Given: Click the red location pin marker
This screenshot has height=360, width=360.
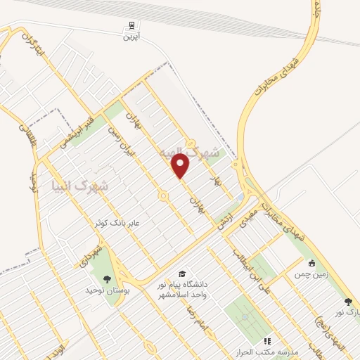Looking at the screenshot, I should (x=181, y=165).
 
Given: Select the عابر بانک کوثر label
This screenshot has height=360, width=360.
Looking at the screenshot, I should (x=119, y=222).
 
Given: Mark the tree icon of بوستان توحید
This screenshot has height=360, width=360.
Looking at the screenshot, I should (x=106, y=281).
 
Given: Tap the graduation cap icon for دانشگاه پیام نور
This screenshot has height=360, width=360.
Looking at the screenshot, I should (x=182, y=274).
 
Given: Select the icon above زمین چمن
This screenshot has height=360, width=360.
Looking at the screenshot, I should (x=311, y=263).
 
